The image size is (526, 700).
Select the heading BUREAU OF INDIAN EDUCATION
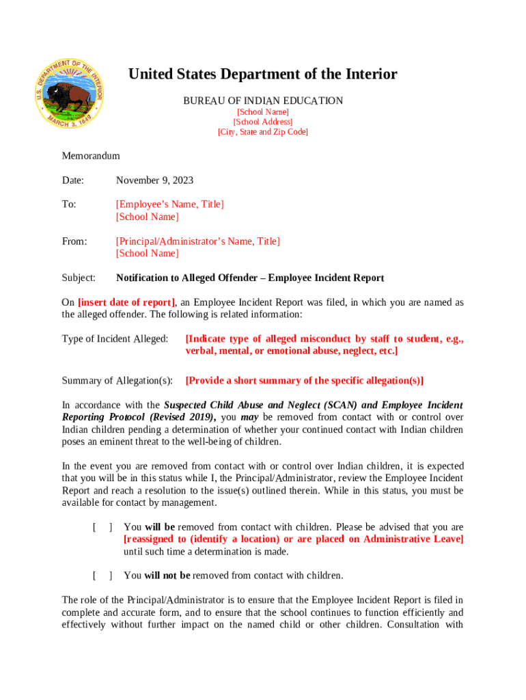tap(262, 101)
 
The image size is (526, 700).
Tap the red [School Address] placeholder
tap(262, 122)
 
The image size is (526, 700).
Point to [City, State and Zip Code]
tap(262, 132)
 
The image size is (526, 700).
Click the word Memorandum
tap(91, 156)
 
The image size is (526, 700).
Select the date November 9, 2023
tap(154, 180)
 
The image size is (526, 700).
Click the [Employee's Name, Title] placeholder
tap(169, 204)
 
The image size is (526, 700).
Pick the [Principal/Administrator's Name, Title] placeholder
tap(197, 241)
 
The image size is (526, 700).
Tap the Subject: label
tap(79, 278)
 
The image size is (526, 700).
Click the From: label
tap(74, 241)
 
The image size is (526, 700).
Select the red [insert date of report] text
tap(127, 303)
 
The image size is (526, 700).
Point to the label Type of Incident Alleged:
tap(115, 339)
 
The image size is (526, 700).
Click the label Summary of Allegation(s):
tap(117, 381)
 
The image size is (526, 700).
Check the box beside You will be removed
tap(102, 528)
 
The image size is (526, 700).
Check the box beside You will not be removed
tap(102, 576)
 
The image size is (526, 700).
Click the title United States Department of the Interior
tap(262, 75)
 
